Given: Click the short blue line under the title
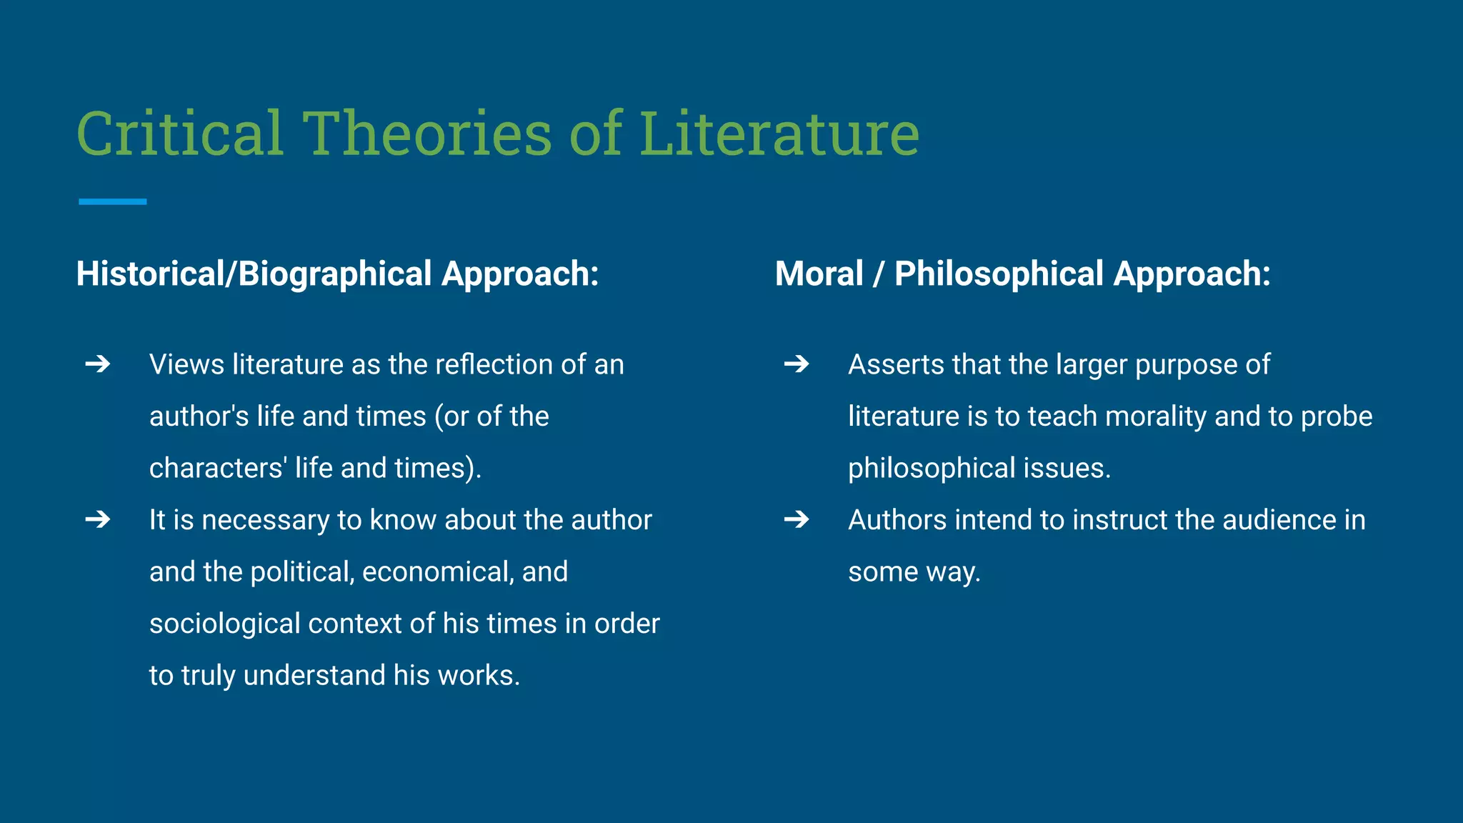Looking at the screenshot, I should pos(112,202).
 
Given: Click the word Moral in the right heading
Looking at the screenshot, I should pos(819,274).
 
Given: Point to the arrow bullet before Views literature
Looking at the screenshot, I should pos(98,364).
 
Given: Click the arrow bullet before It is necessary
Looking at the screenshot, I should pos(98,519).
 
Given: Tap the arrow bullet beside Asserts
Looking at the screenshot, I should pos(797,364).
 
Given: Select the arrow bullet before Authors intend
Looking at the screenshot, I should pos(797,519).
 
